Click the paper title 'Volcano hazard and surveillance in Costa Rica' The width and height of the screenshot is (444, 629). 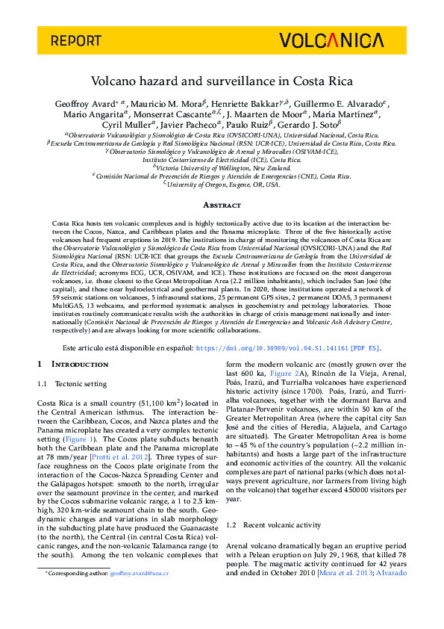click(222, 81)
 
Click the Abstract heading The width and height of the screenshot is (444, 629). click(222, 205)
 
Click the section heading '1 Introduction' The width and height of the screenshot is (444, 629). click(73, 364)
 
